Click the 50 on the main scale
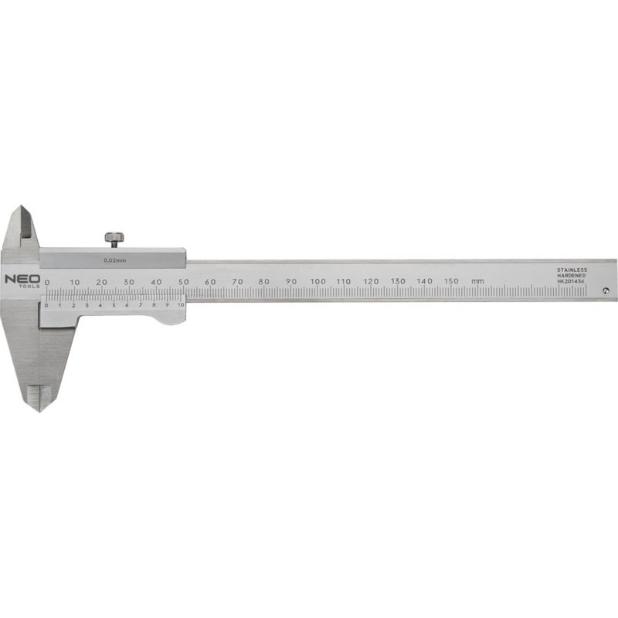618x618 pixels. [x=183, y=281]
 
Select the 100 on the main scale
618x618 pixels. [x=317, y=280]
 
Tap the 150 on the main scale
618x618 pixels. [x=452, y=280]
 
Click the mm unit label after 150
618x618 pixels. [x=478, y=280]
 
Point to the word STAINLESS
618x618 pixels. [x=572, y=270]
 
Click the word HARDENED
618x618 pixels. [x=572, y=276]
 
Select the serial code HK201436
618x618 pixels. [x=572, y=282]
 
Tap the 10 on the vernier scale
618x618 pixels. [x=181, y=305]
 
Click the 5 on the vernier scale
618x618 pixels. [x=114, y=305]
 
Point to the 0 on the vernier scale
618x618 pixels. [x=46, y=305]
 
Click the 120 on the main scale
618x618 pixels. [x=371, y=280]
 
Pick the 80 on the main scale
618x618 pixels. [x=264, y=281]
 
